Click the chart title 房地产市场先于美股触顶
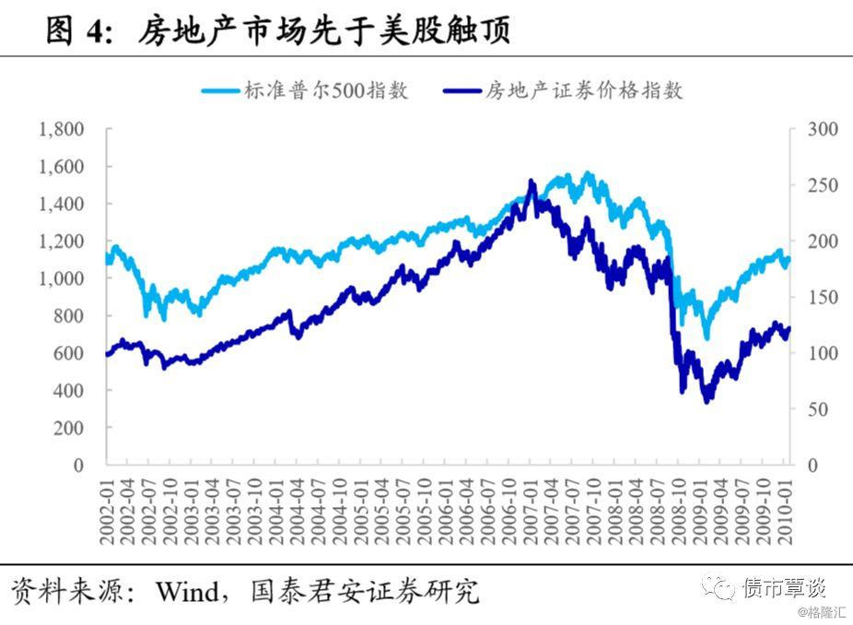[x=324, y=32]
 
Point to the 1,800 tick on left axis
[x=62, y=129]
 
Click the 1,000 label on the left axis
[x=62, y=278]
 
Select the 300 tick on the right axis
[x=823, y=129]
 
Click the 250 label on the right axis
[x=823, y=185]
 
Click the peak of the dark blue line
[x=531, y=181]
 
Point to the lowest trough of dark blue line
[x=707, y=402]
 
